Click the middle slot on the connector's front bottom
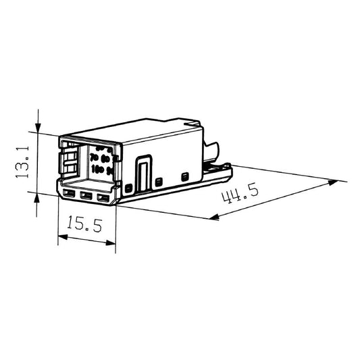pyautogui.click(x=86, y=197)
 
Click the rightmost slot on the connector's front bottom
pyautogui.click(x=102, y=198)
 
